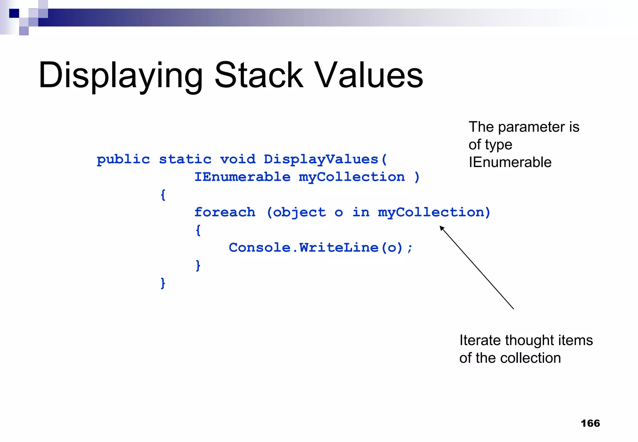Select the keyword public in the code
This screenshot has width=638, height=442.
[x=123, y=160]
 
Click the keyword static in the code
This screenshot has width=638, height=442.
[x=185, y=160]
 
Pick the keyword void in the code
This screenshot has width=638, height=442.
[x=238, y=160]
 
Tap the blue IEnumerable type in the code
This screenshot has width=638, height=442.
[x=242, y=177]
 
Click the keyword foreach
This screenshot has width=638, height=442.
[x=225, y=213]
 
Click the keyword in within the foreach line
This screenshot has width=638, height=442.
[x=361, y=213]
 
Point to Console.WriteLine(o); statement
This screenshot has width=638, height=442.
[x=321, y=248]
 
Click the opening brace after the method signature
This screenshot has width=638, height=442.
[x=163, y=195]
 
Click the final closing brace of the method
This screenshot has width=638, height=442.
[x=163, y=283]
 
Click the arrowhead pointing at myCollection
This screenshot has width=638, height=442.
[x=442, y=228]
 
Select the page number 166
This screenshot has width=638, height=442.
[x=590, y=423]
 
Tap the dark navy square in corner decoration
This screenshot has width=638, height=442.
[x=14, y=13]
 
